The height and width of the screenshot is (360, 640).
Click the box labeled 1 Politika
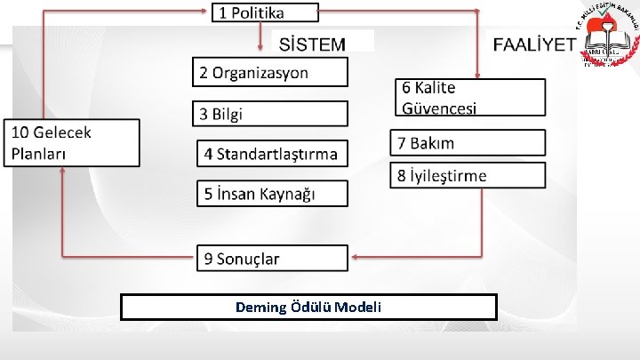pyautogui.click(x=264, y=12)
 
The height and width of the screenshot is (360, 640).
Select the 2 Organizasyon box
pyautogui.click(x=271, y=73)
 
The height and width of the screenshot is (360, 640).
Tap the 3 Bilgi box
pyautogui.click(x=271, y=114)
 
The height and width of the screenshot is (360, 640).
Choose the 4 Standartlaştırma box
pyautogui.click(x=271, y=154)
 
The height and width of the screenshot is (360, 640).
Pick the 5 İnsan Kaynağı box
pyautogui.click(x=271, y=193)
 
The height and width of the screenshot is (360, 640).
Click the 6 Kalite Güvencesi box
pyautogui.click(x=468, y=98)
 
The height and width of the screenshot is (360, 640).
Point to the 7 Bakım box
pyautogui.click(x=468, y=142)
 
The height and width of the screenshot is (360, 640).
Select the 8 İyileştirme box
pyautogui.click(x=468, y=175)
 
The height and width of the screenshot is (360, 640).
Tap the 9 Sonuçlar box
pyautogui.click(x=271, y=259)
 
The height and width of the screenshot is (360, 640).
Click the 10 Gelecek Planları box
pyautogui.click(x=72, y=142)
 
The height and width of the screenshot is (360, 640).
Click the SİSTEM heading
pyautogui.click(x=314, y=43)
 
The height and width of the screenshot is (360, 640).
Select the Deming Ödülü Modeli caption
pyautogui.click(x=308, y=307)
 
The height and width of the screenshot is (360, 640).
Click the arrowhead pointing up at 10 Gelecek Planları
pyautogui.click(x=62, y=172)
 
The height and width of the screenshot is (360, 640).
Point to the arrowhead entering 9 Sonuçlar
pyautogui.click(x=353, y=258)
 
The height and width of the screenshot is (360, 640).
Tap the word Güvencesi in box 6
pyautogui.click(x=440, y=108)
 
